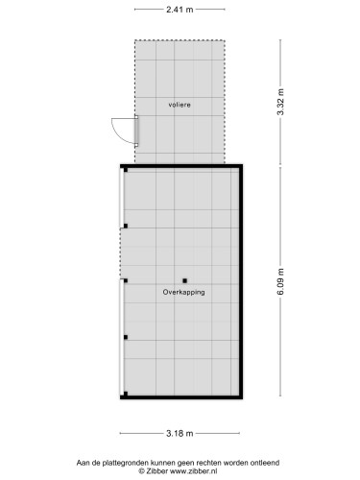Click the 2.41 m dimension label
tap(180, 10)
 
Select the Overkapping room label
tap(184, 292)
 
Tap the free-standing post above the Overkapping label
tap(184, 280)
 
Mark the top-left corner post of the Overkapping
tap(125, 170)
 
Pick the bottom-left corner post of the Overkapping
tap(125, 394)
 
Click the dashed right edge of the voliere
tap(225, 102)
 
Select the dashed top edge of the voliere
tap(180, 40)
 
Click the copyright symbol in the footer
tap(141, 471)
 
